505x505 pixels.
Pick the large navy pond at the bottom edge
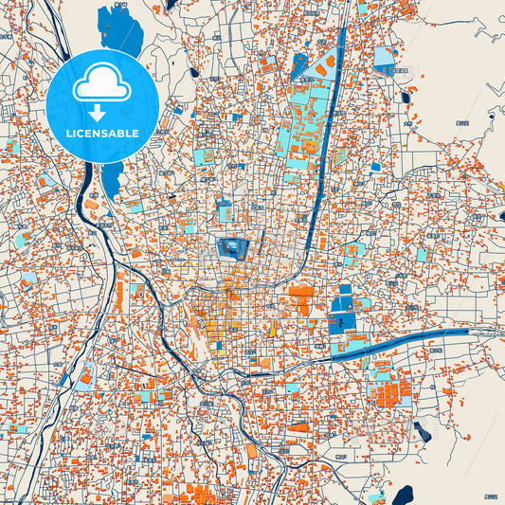[x=402, y=495]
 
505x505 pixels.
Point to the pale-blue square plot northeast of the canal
[x=384, y=58]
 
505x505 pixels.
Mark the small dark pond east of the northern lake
[x=193, y=72]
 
